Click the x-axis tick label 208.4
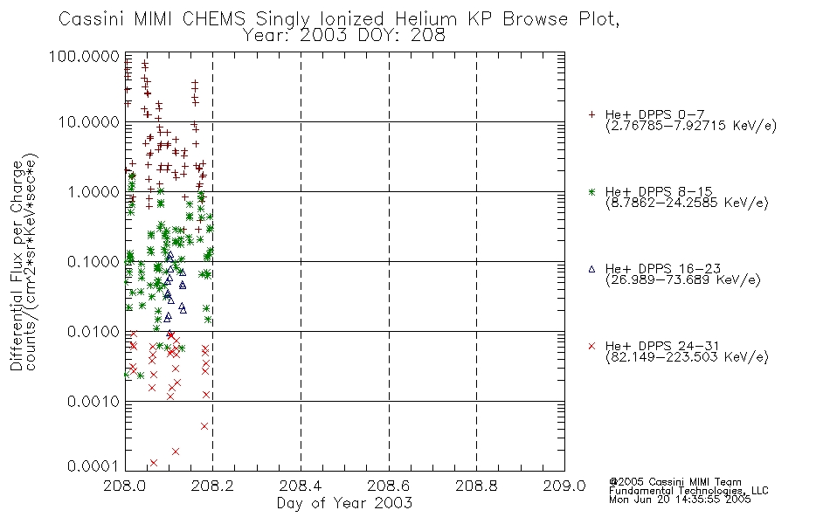(x=301, y=486)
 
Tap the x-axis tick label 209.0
(x=564, y=486)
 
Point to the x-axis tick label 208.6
(x=389, y=486)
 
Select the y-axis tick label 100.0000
(x=84, y=56)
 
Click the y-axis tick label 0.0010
(x=93, y=402)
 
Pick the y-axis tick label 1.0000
(x=93, y=191)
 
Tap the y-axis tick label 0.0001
(x=93, y=465)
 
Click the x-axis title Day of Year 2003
(x=344, y=503)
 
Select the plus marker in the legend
(x=591, y=114)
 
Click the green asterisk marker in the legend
(x=591, y=191)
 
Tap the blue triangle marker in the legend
(x=591, y=269)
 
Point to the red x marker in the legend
(x=591, y=346)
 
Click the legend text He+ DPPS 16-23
(x=663, y=268)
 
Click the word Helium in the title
(x=425, y=19)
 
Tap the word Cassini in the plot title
(x=90, y=19)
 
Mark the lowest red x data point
(x=154, y=463)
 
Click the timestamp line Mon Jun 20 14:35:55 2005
(x=680, y=500)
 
